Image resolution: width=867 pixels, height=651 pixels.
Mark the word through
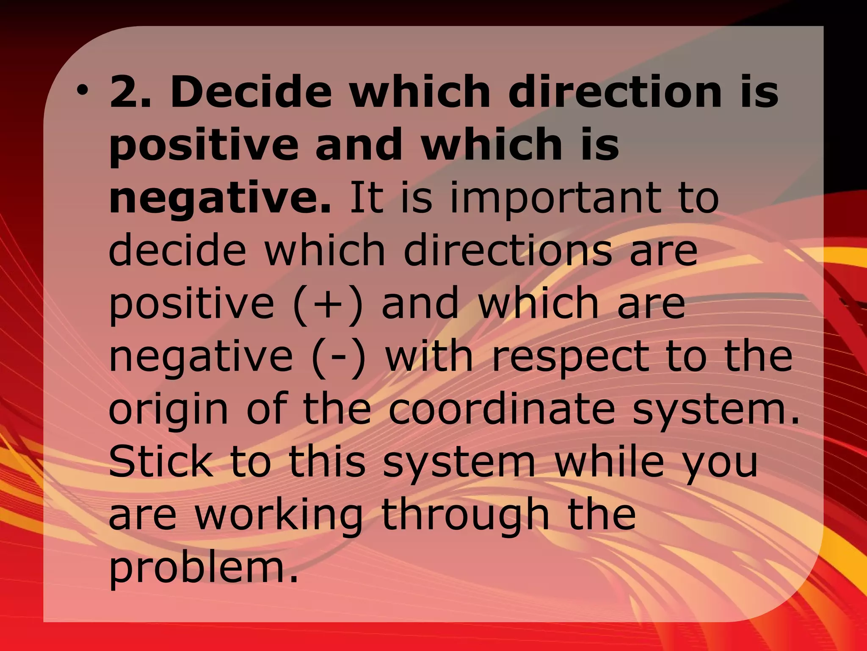tap(465, 516)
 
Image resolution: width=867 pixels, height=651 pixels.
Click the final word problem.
tap(204, 569)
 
